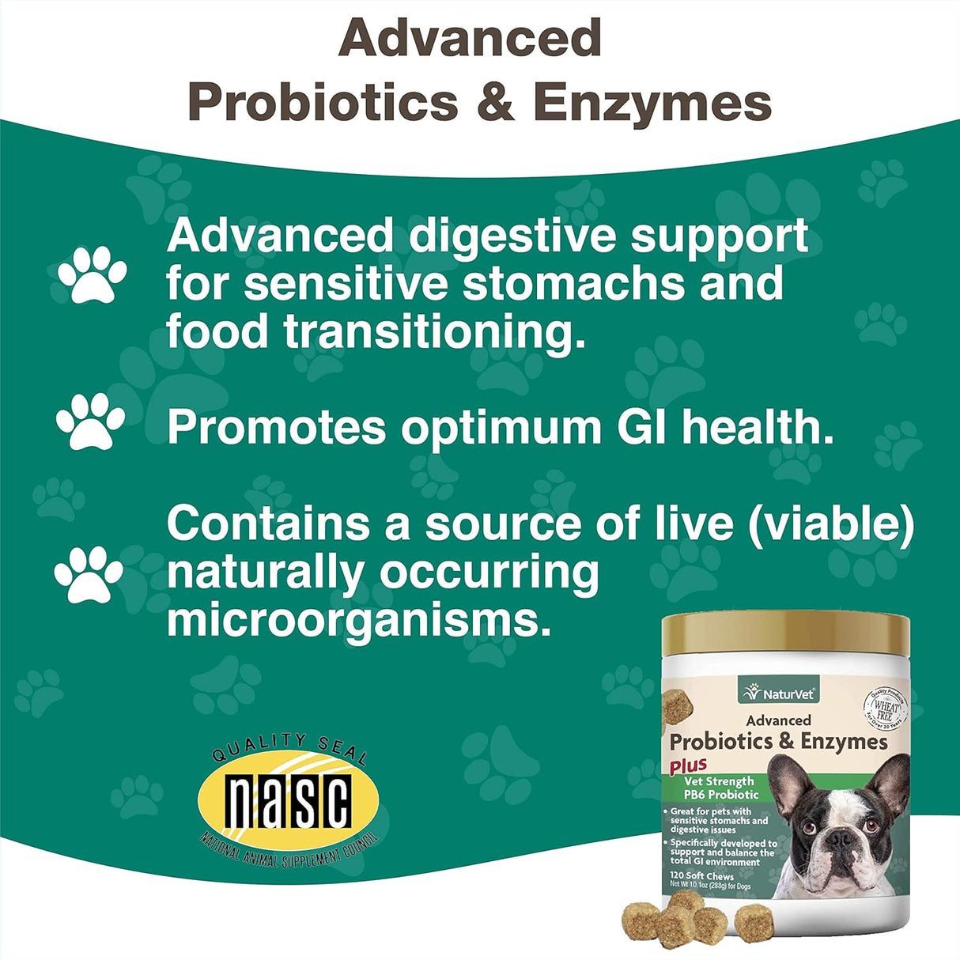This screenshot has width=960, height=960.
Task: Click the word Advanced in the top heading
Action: (x=470, y=38)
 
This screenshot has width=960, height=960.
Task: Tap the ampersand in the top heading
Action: (x=496, y=103)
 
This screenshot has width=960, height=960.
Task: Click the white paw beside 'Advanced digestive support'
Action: (x=92, y=274)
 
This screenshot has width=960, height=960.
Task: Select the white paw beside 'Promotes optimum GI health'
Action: (x=90, y=421)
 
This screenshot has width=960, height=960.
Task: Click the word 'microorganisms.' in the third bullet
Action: (x=358, y=620)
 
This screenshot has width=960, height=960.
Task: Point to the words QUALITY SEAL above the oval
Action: (x=289, y=747)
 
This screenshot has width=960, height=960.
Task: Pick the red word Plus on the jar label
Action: (x=688, y=765)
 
